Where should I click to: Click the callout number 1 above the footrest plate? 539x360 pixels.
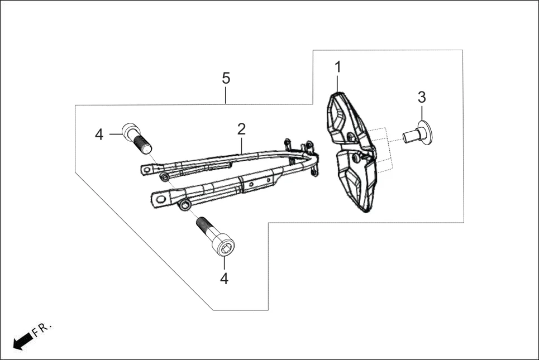coord(337,68)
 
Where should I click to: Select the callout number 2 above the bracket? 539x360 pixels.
coord(241,129)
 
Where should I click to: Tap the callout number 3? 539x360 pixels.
coord(422,97)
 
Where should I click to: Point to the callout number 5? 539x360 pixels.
coord(226,78)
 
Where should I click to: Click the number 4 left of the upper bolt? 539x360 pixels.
coord(99,135)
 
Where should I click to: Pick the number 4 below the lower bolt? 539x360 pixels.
coord(224,278)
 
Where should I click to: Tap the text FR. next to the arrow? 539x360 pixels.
coord(42,329)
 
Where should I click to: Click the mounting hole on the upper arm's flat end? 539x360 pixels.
coord(146,168)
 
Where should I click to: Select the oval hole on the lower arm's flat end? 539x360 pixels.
coord(161,197)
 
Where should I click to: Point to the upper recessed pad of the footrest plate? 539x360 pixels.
coord(341,118)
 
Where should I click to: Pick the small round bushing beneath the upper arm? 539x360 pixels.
coord(165,177)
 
